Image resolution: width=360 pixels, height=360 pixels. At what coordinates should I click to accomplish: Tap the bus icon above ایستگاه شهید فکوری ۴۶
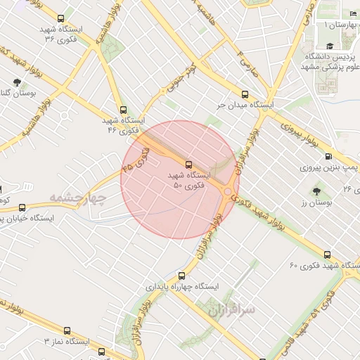[x=124, y=110]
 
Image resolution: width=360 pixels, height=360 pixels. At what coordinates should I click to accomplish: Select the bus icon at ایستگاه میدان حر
[x=245, y=94]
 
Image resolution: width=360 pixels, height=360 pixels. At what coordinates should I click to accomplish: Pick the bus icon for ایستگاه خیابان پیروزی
[x=22, y=207]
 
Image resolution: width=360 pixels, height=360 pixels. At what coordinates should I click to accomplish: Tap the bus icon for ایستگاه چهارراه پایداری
[x=182, y=276]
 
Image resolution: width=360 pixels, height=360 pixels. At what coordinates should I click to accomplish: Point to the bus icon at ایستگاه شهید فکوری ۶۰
[x=326, y=255]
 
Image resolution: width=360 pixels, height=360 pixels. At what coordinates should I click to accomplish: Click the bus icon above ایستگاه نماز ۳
[x=67, y=330]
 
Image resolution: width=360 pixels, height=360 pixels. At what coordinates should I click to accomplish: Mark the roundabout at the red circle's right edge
[x=229, y=192]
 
